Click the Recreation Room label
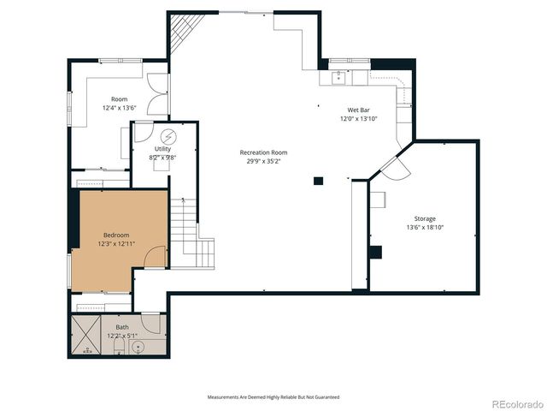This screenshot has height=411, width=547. (x=263, y=152)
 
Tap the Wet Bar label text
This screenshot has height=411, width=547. (x=357, y=110)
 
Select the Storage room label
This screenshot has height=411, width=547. (x=425, y=219)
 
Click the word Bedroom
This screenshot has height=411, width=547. (x=116, y=235)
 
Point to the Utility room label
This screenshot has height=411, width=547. (x=162, y=149)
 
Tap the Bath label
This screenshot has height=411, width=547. (x=121, y=327)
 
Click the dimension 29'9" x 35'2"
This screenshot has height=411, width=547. (x=263, y=160)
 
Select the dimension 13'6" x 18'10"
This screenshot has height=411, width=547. (x=425, y=228)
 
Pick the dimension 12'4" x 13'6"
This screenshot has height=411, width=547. (x=121, y=109)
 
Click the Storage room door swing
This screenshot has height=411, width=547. (x=395, y=169)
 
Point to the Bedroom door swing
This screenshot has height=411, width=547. (x=155, y=255)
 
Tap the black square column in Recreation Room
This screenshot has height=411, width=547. (x=318, y=181)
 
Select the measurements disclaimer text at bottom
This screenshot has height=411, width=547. (x=273, y=397)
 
